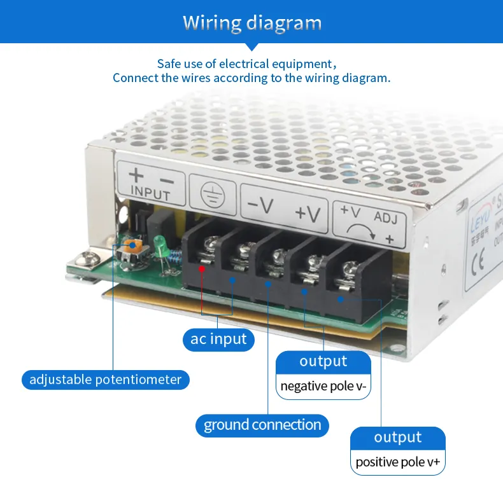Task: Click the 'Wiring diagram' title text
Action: tap(252, 23)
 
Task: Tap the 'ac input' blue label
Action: tap(219, 339)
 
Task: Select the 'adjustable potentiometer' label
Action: tap(106, 380)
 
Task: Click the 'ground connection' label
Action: tap(262, 425)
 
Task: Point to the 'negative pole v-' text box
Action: tap(323, 386)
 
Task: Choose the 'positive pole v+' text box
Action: tap(398, 462)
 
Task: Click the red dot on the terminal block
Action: tap(202, 268)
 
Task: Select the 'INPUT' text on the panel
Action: tap(150, 195)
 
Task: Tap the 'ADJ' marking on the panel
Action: tap(386, 218)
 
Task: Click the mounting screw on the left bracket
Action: tap(86, 259)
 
